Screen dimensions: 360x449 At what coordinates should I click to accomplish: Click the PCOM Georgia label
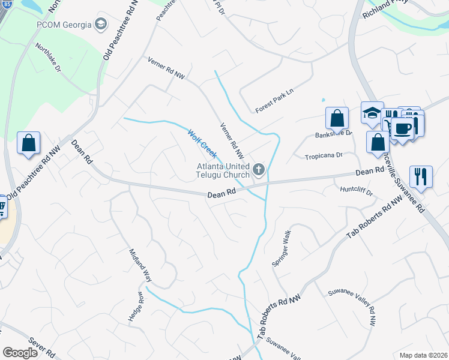[x=62, y=25]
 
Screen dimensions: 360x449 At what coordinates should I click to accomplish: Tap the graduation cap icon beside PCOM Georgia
[x=100, y=25]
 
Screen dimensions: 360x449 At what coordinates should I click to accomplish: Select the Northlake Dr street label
[x=48, y=58]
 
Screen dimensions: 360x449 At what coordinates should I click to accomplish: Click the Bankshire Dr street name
[x=334, y=134]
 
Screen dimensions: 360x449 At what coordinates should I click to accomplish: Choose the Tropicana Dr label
[x=322, y=155]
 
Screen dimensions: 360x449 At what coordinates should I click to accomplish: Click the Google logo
[x=20, y=353]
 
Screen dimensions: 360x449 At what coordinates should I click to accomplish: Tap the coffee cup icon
[x=403, y=128]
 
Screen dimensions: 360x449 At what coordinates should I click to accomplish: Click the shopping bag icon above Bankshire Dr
[x=337, y=116]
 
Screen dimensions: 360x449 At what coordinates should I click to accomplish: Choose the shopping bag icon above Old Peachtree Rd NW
[x=28, y=143]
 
